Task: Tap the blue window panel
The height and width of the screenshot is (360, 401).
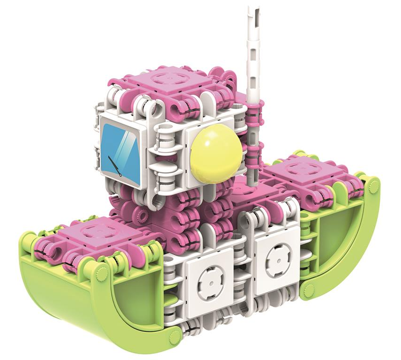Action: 121,154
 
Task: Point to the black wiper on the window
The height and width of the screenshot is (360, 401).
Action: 115,166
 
